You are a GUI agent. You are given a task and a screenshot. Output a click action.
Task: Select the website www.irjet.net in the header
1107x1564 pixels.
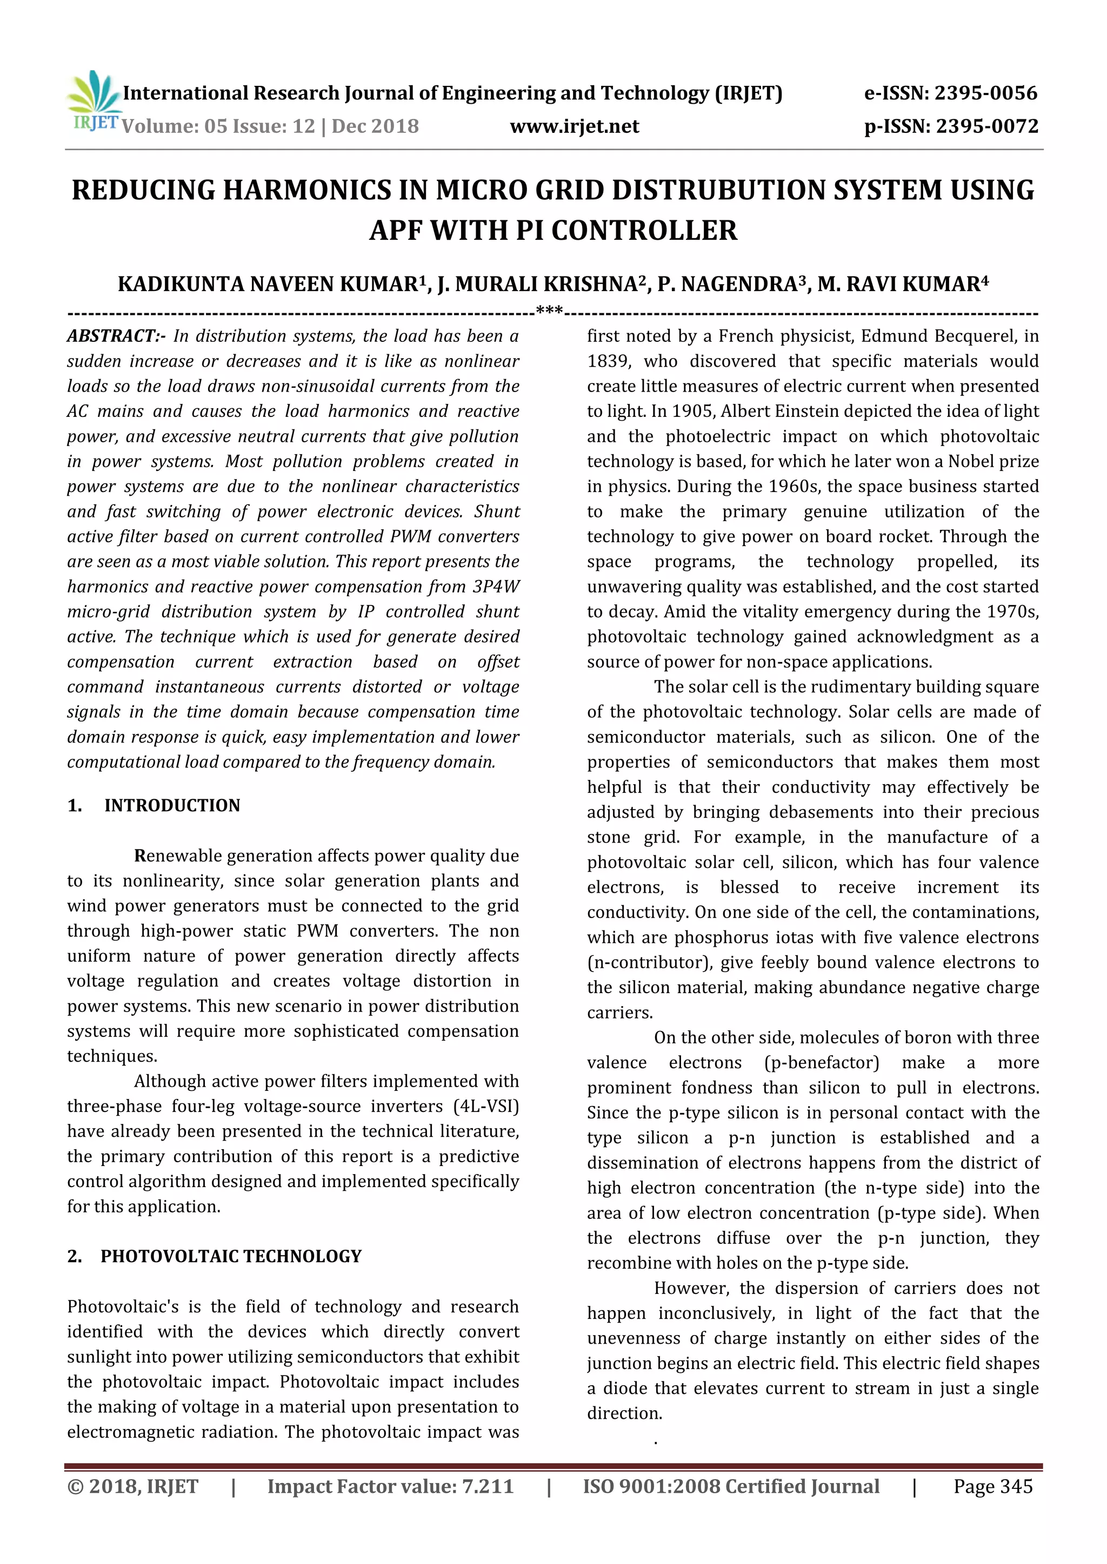[x=574, y=127]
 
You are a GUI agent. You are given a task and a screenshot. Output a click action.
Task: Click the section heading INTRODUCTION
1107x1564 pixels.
[x=172, y=806]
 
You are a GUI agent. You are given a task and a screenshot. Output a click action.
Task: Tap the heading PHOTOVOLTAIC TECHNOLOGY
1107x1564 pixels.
[x=231, y=1257]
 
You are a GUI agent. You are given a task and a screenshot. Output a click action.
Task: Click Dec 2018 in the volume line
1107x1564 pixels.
[x=376, y=127]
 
